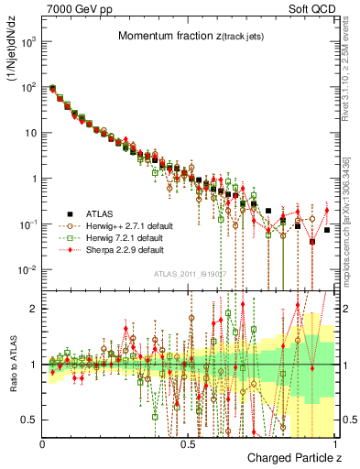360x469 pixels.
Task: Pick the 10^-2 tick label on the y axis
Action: (27, 269)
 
